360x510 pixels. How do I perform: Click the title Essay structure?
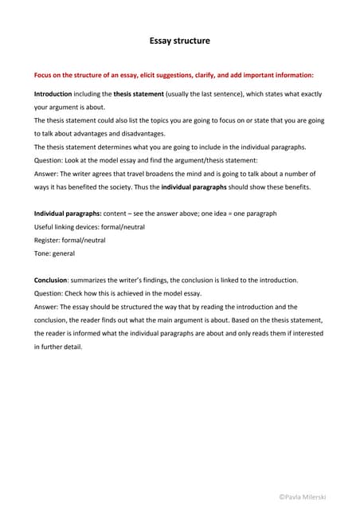coord(180,39)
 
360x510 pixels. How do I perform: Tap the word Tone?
coord(42,253)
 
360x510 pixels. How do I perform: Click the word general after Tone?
coord(64,253)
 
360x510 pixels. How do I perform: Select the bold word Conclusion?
coord(50,280)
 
